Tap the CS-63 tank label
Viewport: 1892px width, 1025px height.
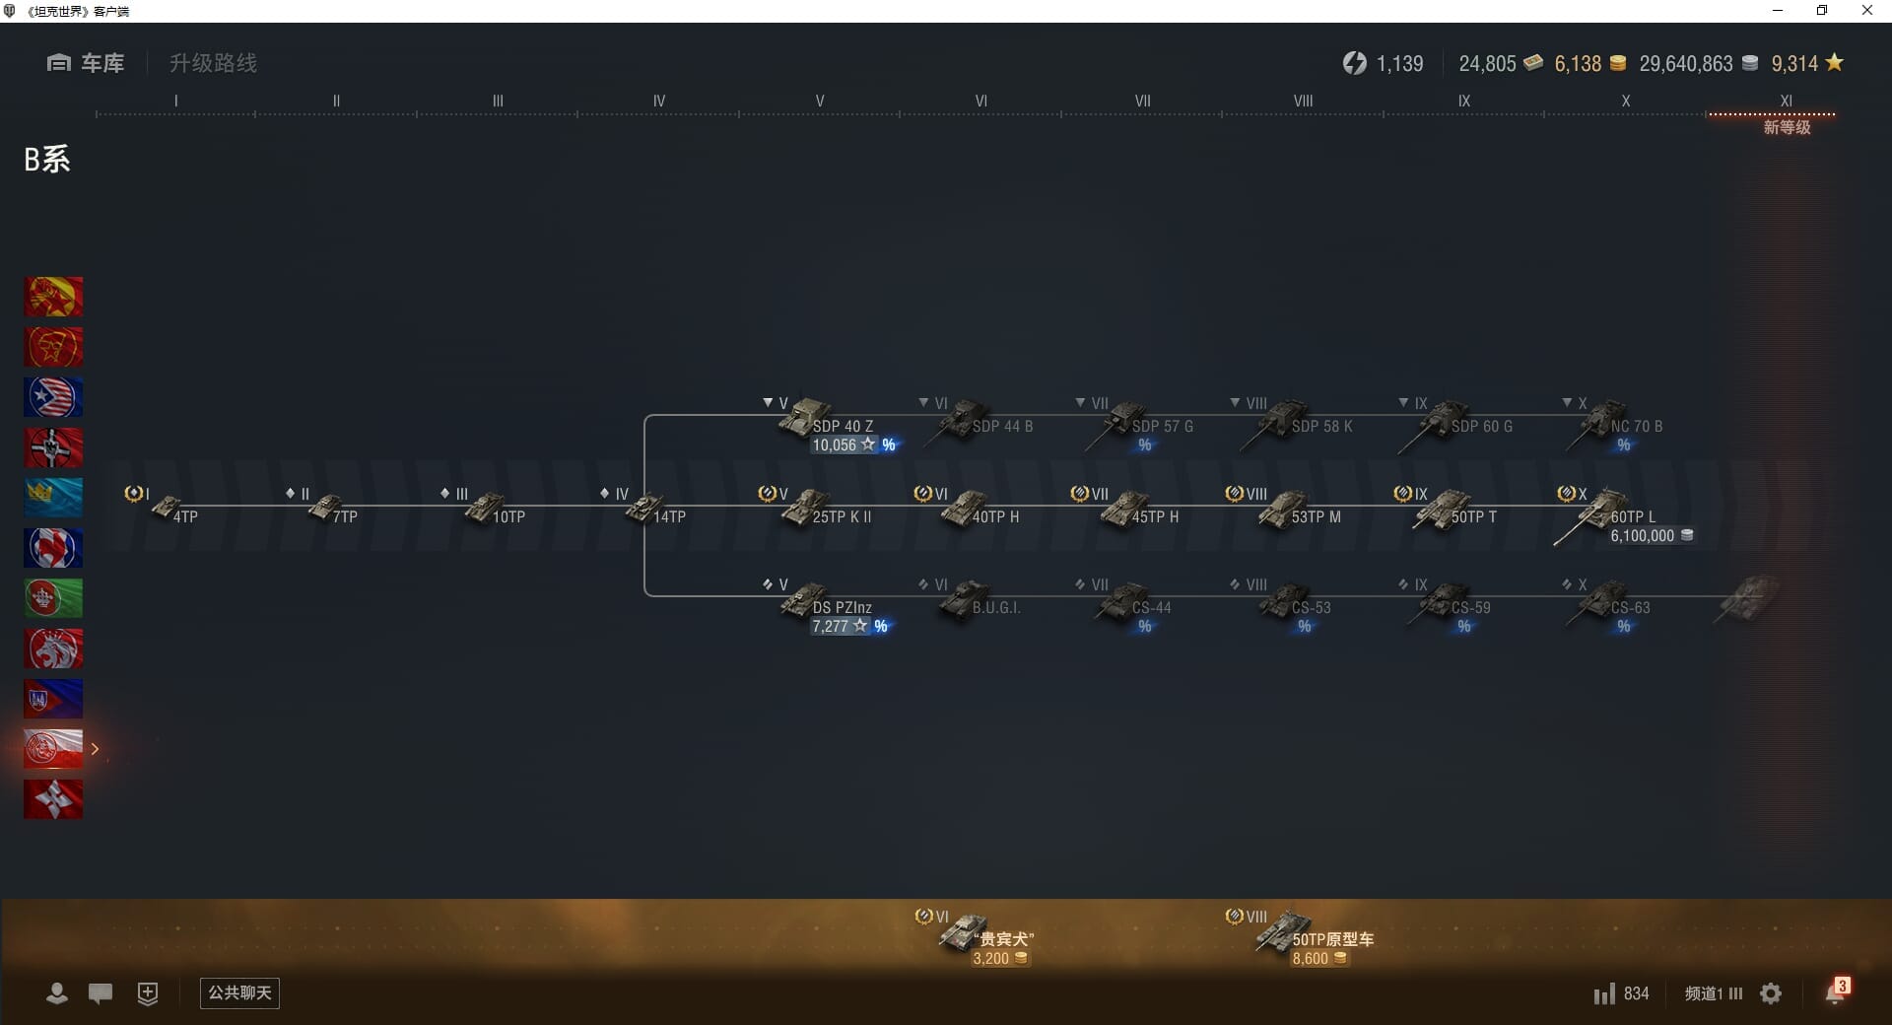click(x=1630, y=607)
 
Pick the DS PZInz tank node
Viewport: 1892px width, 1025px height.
click(x=806, y=599)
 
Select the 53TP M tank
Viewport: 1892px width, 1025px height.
click(x=1285, y=510)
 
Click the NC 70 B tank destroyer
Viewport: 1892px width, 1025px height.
click(x=1604, y=420)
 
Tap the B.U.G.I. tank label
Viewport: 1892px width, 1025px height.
click(x=995, y=607)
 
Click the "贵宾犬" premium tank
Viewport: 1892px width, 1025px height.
click(x=966, y=931)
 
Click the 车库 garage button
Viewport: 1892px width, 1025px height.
click(x=87, y=63)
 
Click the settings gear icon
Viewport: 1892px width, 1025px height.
click(x=1771, y=993)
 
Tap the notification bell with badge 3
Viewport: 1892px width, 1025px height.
click(x=1836, y=992)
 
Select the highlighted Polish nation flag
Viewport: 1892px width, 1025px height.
click(x=53, y=749)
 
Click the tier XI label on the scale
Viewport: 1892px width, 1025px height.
click(x=1786, y=101)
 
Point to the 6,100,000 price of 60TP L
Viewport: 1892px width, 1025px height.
click(x=1643, y=536)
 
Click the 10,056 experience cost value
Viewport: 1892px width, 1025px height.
click(x=835, y=445)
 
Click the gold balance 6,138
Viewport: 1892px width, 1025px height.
click(x=1578, y=64)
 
